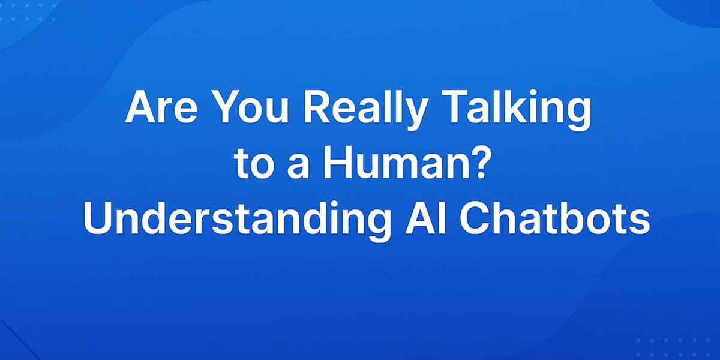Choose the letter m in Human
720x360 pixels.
tap(393, 167)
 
